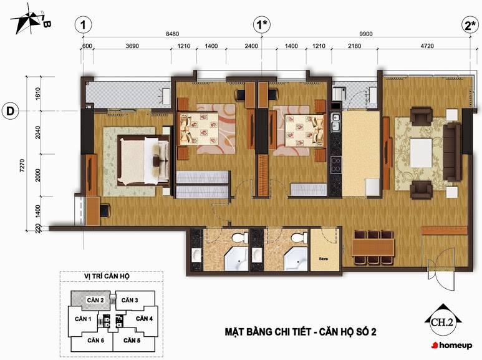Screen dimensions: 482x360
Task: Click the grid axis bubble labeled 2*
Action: (x=470, y=24)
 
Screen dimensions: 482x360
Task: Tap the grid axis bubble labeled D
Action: (x=10, y=111)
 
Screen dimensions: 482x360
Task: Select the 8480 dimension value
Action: (x=172, y=34)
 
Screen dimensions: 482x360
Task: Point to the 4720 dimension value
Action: (x=427, y=46)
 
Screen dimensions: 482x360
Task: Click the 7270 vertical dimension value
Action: (x=22, y=165)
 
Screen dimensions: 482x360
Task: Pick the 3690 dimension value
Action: (x=132, y=46)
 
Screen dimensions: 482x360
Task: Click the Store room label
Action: (x=324, y=259)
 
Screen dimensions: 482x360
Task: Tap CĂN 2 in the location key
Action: (x=95, y=300)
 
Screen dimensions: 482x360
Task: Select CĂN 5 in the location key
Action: (x=132, y=340)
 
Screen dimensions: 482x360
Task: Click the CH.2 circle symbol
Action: (x=443, y=322)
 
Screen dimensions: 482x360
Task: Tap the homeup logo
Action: (x=451, y=345)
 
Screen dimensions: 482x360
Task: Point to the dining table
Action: (x=373, y=248)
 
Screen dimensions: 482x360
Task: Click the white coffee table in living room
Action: (x=421, y=153)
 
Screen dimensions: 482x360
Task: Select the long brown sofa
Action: (x=453, y=152)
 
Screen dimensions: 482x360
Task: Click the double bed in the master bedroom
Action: (x=144, y=160)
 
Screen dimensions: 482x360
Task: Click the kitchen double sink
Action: (x=335, y=122)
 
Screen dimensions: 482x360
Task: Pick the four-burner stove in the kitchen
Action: (x=336, y=165)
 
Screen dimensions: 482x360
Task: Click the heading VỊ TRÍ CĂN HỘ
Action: (x=107, y=276)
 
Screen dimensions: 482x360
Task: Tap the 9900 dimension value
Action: (x=366, y=34)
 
